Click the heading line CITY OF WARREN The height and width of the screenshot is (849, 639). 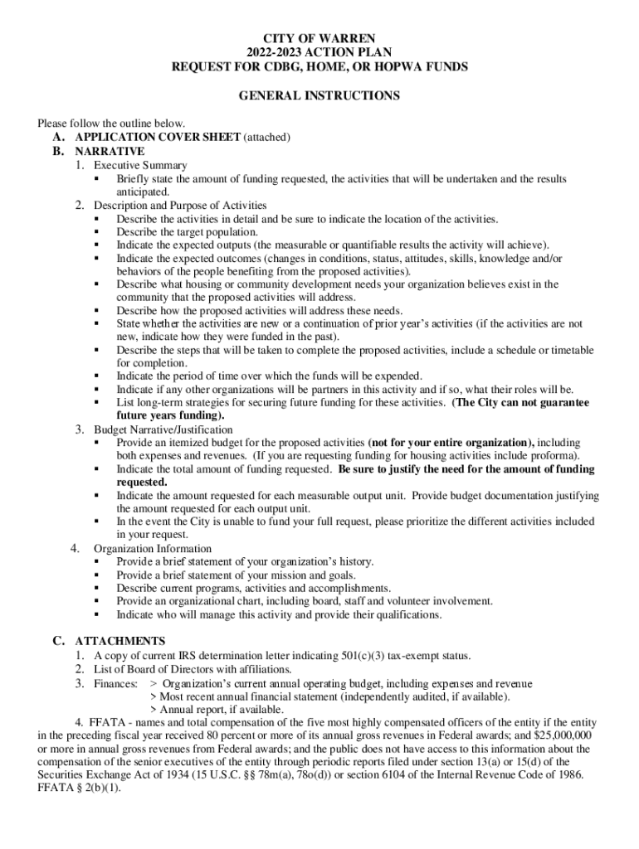319,38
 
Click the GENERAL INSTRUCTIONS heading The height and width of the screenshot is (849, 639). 319,96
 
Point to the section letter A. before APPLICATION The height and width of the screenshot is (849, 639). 58,137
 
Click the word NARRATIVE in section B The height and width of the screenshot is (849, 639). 110,152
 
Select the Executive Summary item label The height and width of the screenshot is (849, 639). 140,165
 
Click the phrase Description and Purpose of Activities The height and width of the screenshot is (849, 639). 180,205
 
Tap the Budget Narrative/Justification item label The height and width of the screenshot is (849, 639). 163,429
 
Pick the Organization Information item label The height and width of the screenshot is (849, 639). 153,549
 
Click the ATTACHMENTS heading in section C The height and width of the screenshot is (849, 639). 120,641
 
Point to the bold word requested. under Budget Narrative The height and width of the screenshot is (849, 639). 142,483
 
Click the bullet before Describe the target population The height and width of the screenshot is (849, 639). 98,232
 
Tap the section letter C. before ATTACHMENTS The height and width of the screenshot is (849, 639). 58,641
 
